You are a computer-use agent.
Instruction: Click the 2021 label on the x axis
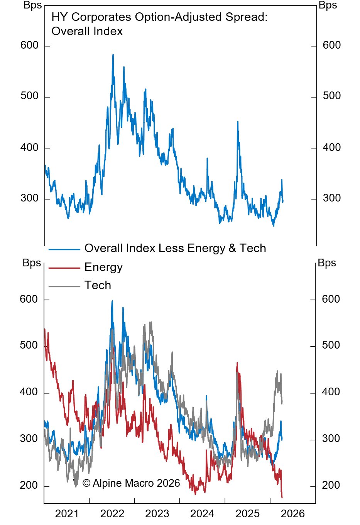(67, 514)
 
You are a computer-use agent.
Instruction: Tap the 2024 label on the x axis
(202, 514)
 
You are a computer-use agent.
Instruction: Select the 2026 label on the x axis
(292, 514)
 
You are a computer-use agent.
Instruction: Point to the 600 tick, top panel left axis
(29, 46)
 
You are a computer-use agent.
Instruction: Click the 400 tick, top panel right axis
(331, 147)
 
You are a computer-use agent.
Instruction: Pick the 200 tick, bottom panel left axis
(29, 485)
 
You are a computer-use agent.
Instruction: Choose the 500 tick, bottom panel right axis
(331, 345)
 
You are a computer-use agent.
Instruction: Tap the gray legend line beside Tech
(64, 286)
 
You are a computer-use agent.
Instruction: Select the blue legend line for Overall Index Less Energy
(64, 249)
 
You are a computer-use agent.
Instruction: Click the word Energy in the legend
(103, 267)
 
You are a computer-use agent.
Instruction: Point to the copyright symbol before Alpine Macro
(86, 483)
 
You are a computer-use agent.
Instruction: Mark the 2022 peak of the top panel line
(113, 55)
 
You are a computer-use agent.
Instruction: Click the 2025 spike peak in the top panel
(238, 122)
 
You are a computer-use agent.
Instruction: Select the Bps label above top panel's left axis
(32, 5)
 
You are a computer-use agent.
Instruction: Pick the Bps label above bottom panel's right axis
(327, 263)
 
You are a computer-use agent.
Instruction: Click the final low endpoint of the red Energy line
(282, 497)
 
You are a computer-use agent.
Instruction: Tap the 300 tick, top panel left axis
(29, 198)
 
